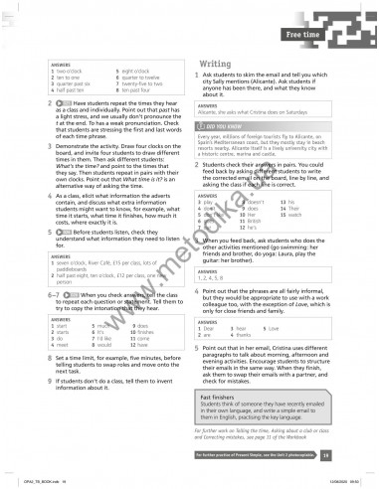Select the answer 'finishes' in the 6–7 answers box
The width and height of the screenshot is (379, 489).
(143, 334)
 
